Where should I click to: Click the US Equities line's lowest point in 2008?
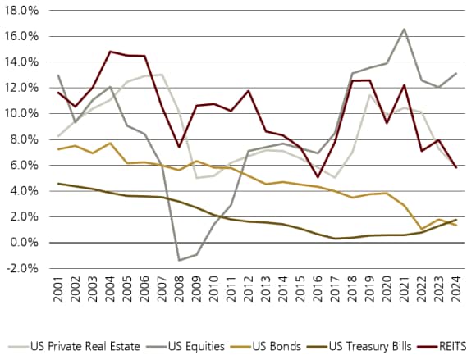pos(178,260)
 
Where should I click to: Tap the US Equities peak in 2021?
pos(405,29)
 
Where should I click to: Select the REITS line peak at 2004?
pos(109,52)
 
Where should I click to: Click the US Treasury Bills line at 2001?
pos(57,184)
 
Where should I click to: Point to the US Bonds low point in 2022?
pos(422,229)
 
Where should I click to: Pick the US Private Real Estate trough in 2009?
pos(196,177)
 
